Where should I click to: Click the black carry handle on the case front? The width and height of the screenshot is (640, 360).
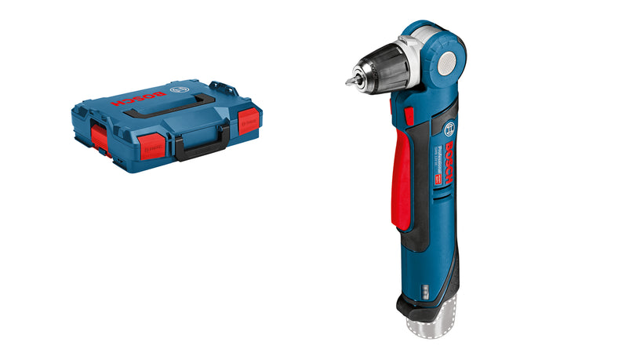click(x=202, y=142)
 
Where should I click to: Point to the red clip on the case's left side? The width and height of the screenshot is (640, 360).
click(x=99, y=135)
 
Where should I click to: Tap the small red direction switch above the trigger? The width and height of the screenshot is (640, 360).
click(x=409, y=116)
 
